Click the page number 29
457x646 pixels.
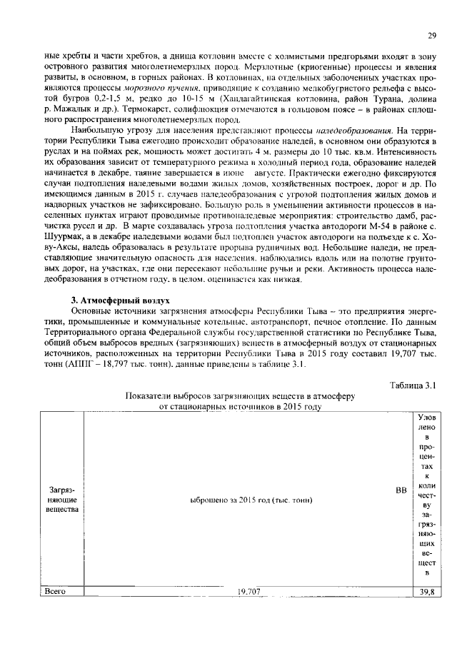pyautogui.click(x=432, y=36)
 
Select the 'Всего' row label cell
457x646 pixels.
pyautogui.click(x=55, y=591)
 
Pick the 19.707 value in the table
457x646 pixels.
pyautogui.click(x=249, y=592)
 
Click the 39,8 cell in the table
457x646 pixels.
pyautogui.click(x=428, y=592)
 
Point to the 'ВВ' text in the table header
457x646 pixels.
pyautogui.click(x=401, y=490)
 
